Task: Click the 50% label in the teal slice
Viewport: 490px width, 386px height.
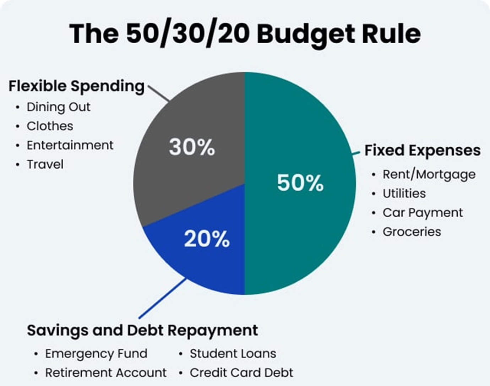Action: tap(300, 183)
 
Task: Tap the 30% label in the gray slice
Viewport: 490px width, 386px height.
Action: tap(192, 147)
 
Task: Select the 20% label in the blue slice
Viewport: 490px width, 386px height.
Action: tap(207, 239)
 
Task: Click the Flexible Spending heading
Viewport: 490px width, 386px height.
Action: tap(76, 87)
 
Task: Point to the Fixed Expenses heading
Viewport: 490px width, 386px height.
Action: tap(423, 151)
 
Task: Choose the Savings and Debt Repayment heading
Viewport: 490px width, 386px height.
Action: tap(142, 331)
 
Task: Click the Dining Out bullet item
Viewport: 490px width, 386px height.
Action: tap(59, 107)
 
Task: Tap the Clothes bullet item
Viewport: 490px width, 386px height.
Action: tap(50, 126)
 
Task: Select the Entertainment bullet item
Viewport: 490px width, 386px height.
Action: tap(70, 145)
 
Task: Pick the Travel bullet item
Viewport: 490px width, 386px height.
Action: tap(45, 164)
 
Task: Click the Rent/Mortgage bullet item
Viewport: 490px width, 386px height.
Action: tap(429, 175)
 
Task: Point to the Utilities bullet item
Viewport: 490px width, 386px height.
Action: tap(404, 194)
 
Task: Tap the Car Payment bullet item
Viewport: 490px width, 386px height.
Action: tap(423, 213)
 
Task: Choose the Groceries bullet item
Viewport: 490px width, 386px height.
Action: tap(412, 232)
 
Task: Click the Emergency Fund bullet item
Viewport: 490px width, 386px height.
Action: tap(96, 354)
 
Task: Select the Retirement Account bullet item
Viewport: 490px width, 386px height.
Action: tap(106, 373)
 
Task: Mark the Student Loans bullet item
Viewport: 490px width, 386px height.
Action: tap(233, 354)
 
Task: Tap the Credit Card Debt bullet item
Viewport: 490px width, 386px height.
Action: tap(241, 373)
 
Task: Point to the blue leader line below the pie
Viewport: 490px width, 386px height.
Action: tap(162, 298)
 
